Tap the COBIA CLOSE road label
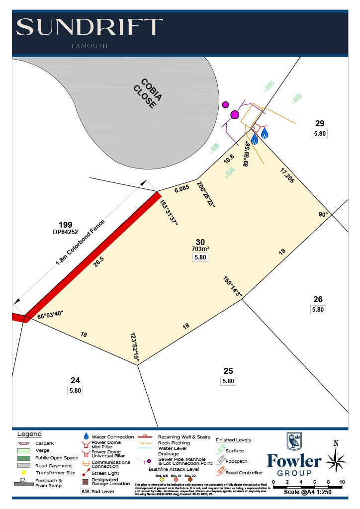click(144, 93)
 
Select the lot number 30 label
click(200, 242)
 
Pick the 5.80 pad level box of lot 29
click(320, 133)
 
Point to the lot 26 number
click(318, 299)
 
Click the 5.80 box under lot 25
click(228, 381)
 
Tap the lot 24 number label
click(75, 381)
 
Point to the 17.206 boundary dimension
click(287, 175)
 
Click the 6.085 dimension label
click(181, 188)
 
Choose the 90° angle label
click(324, 215)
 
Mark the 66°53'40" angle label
click(50, 316)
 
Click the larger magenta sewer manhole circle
click(235, 115)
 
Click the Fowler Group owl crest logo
click(294, 441)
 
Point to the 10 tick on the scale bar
click(342, 483)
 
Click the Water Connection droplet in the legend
click(86, 436)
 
